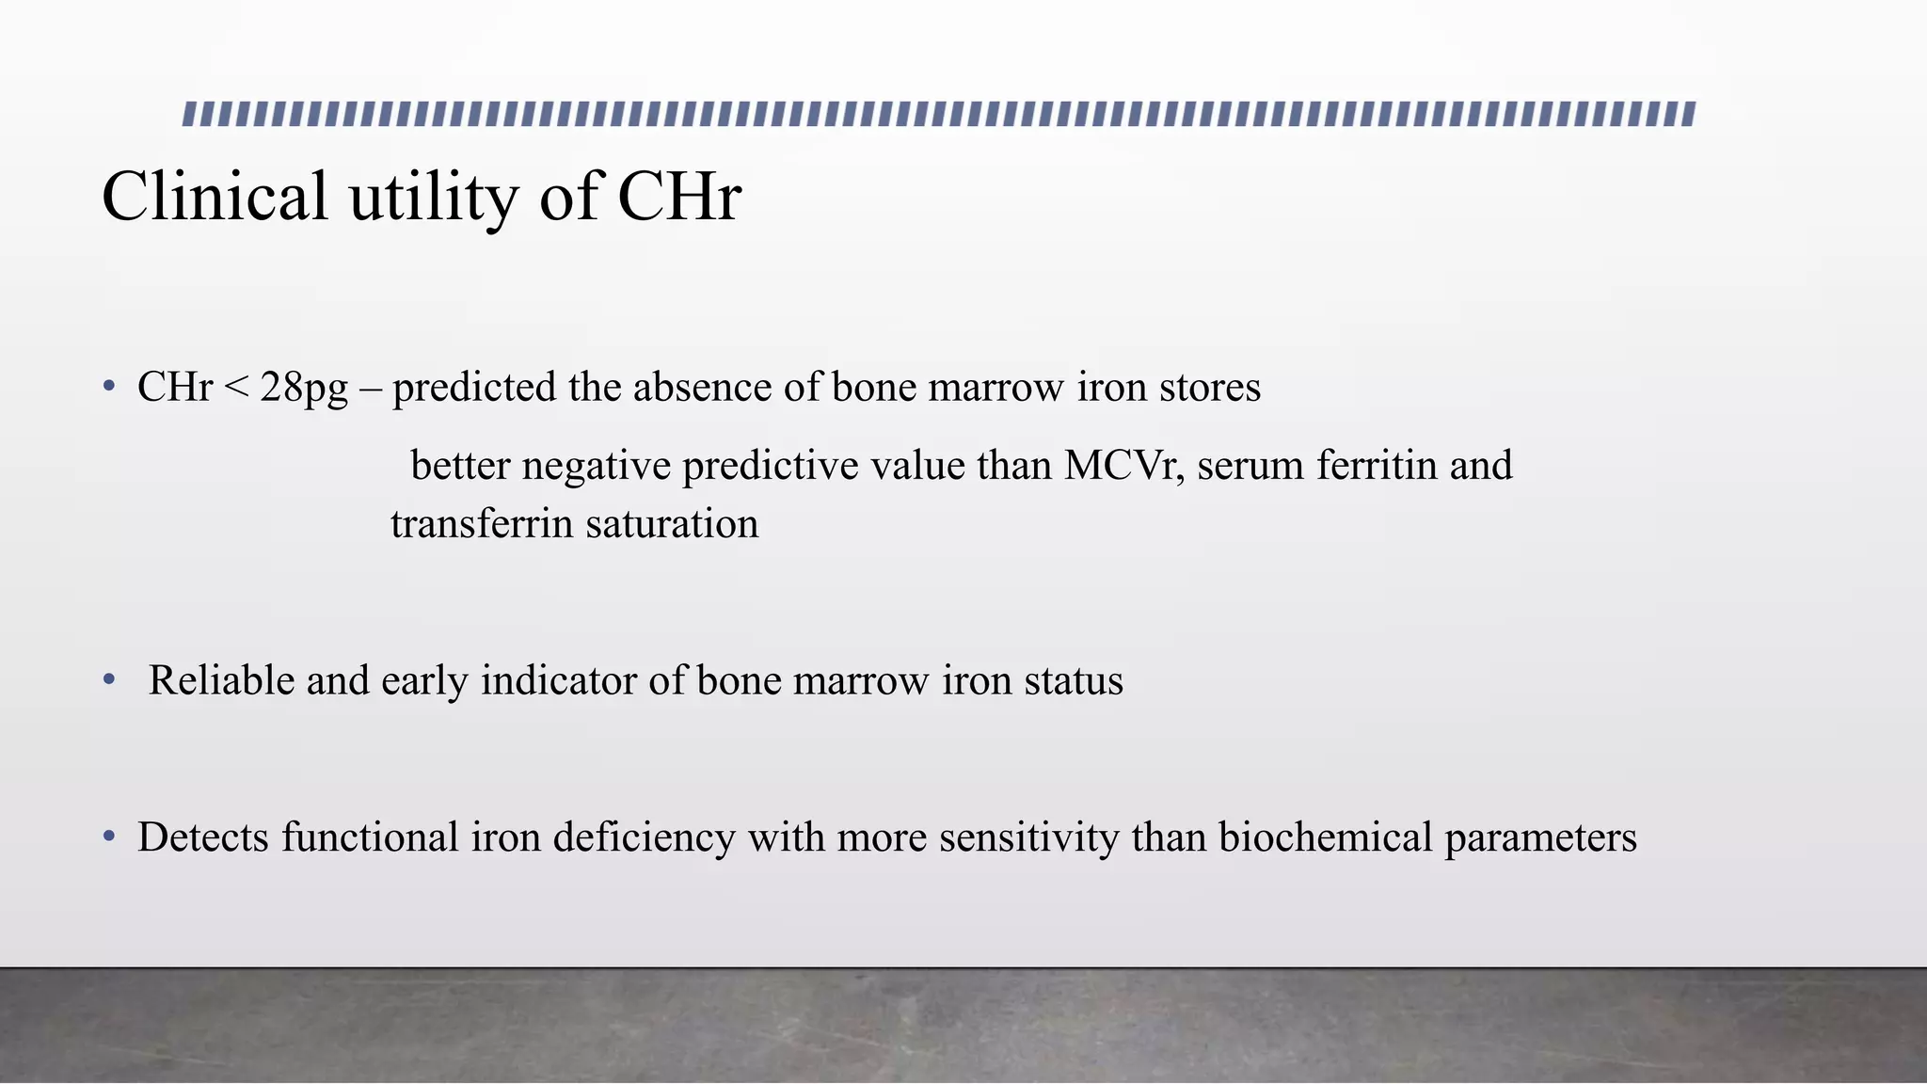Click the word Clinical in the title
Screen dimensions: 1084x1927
[215, 198]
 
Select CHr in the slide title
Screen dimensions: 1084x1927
[679, 198]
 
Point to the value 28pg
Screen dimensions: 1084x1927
[304, 389]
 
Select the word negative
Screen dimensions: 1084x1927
[596, 467]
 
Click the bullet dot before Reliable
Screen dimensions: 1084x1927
[110, 678]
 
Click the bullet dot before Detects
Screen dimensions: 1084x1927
[110, 836]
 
